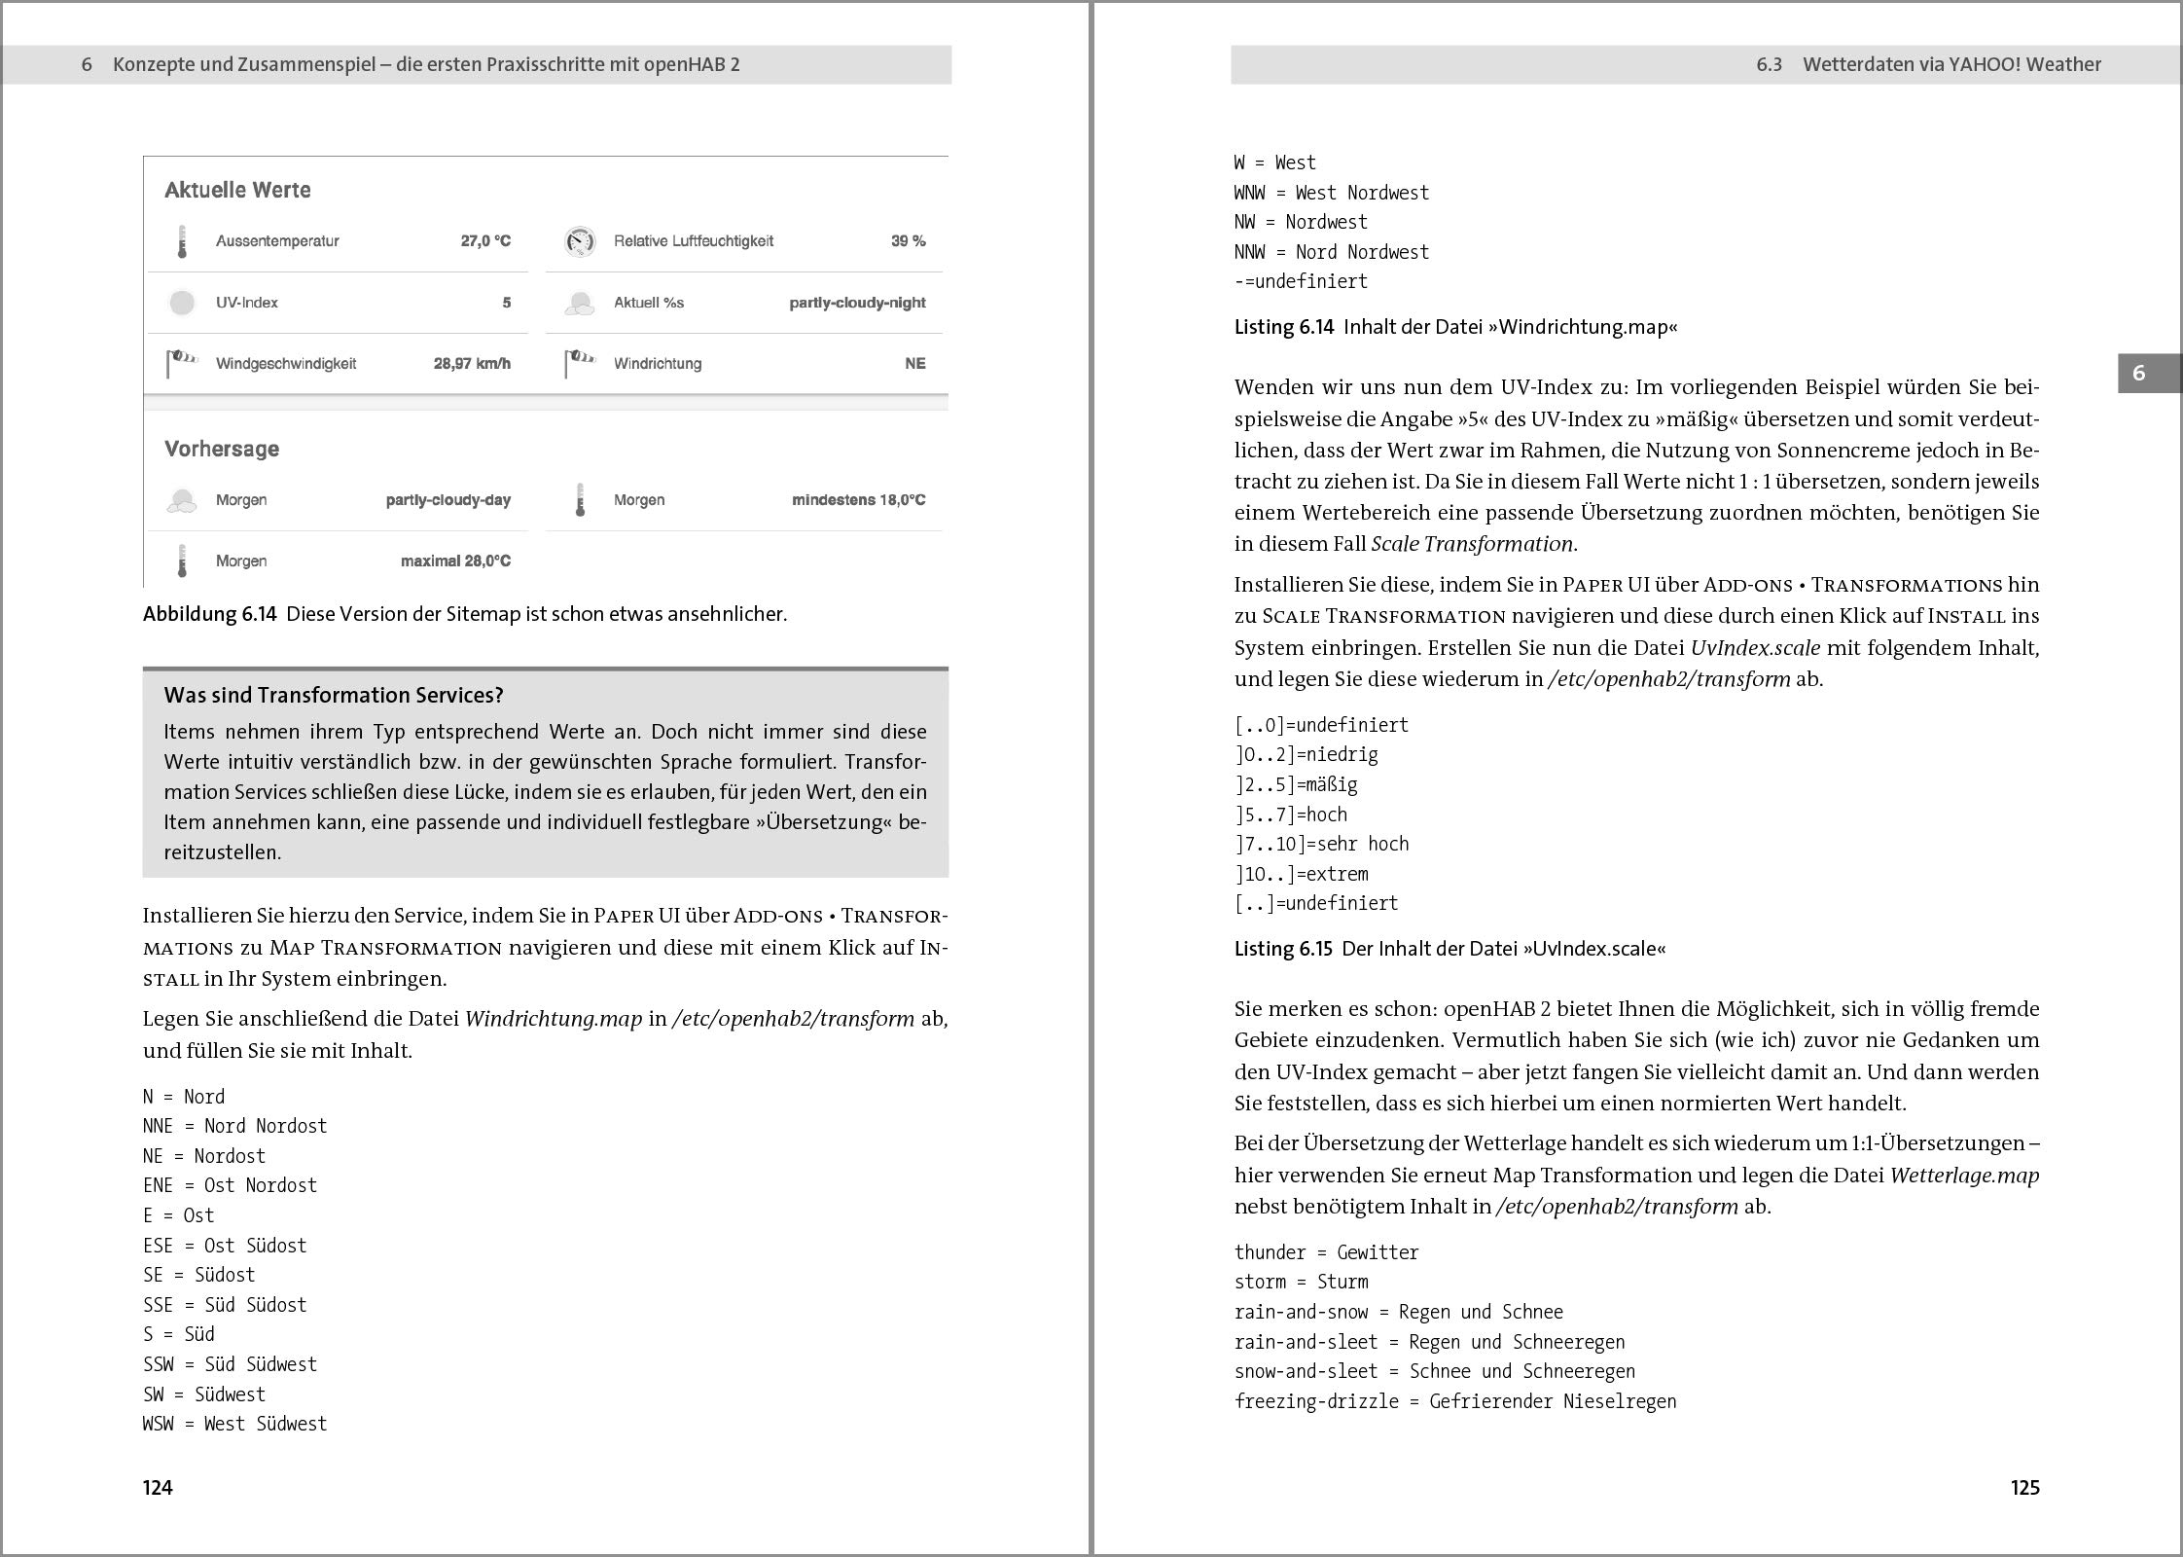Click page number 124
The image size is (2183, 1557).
(158, 1487)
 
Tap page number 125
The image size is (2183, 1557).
(2024, 1487)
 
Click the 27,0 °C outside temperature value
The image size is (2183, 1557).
(485, 241)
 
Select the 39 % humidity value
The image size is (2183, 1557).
(908, 241)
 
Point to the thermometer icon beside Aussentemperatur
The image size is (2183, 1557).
(182, 242)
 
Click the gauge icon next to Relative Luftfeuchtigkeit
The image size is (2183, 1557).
(580, 241)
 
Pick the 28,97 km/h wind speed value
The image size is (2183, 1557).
(472, 364)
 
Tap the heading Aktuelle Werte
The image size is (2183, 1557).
(237, 190)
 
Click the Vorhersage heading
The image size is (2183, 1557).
(222, 449)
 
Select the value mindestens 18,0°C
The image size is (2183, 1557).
(858, 500)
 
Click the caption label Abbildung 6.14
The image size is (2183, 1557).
(209, 614)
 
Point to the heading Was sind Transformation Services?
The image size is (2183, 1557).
(334, 695)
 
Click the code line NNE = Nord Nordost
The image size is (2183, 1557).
(234, 1126)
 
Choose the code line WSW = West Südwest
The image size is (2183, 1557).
(234, 1424)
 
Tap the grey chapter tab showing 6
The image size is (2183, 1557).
(2138, 373)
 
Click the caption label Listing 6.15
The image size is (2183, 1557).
(1282, 949)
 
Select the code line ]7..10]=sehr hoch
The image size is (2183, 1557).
(1321, 844)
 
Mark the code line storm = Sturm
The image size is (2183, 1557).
(1301, 1282)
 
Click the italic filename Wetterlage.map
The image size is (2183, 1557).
(1964, 1176)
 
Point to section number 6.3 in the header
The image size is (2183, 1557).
(1769, 64)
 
